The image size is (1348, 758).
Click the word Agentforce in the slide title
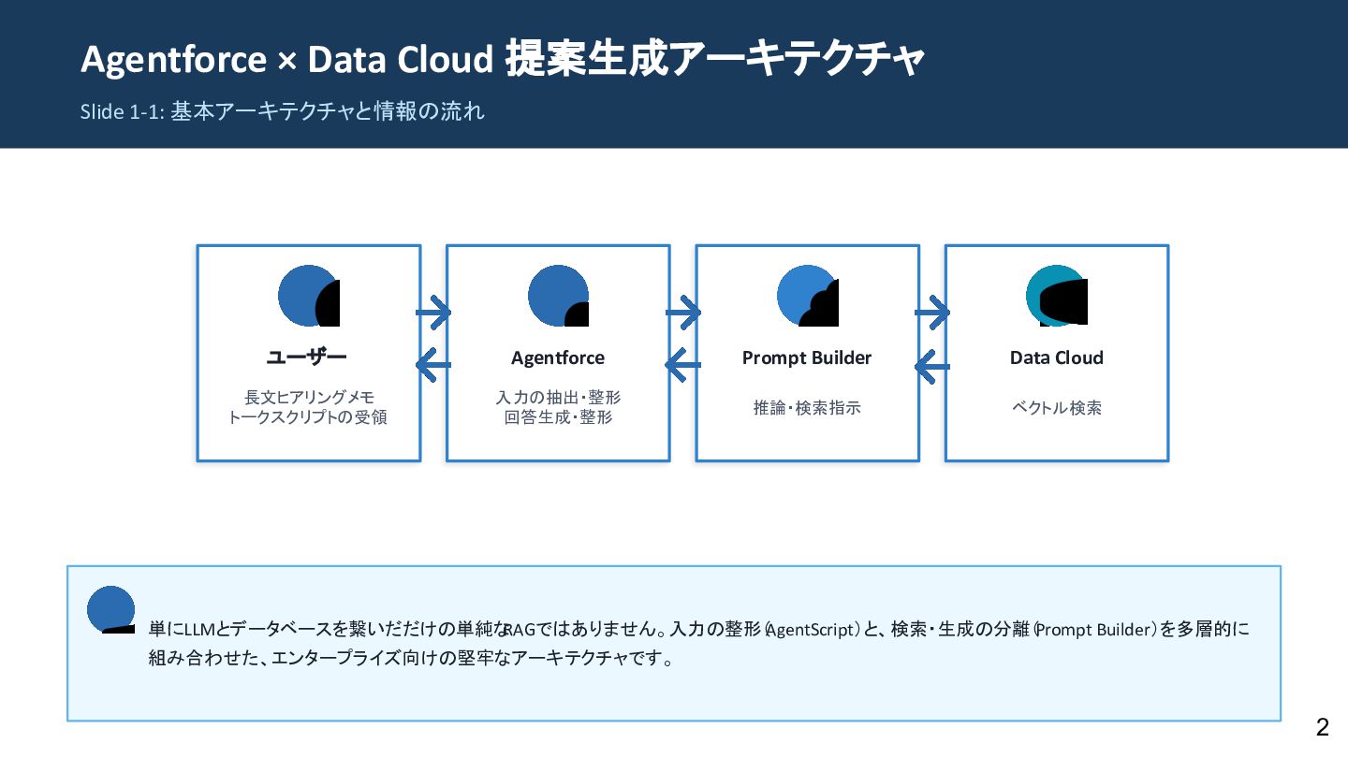click(x=173, y=60)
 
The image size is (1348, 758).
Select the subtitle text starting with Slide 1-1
click(x=282, y=112)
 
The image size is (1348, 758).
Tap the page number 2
click(x=1322, y=727)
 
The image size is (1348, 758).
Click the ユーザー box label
click(x=307, y=357)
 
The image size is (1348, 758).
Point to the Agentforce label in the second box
click(x=558, y=357)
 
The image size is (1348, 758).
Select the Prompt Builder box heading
click(x=807, y=357)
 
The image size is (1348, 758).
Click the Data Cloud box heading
click(x=1056, y=357)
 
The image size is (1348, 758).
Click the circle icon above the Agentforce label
click(x=558, y=297)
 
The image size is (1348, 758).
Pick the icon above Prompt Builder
click(x=807, y=297)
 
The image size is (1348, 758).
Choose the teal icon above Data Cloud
click(x=1056, y=297)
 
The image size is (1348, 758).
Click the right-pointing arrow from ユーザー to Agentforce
click(x=433, y=313)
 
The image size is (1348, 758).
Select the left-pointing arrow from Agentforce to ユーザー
click(x=432, y=365)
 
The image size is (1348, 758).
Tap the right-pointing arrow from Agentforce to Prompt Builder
click(x=683, y=313)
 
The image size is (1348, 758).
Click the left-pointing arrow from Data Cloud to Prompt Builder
click(x=931, y=366)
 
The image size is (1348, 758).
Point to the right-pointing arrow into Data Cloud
click(x=932, y=313)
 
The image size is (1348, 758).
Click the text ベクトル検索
click(x=1056, y=408)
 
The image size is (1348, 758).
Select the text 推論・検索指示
click(x=807, y=408)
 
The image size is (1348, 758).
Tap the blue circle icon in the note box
click(x=111, y=609)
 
